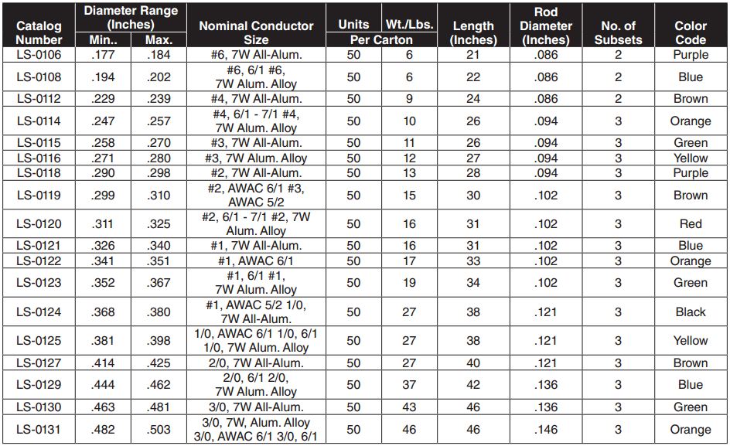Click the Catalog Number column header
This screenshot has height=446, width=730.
click(x=39, y=32)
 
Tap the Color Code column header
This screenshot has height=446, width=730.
click(x=691, y=32)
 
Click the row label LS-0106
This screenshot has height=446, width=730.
click(x=39, y=55)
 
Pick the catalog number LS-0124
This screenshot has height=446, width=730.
click(x=39, y=312)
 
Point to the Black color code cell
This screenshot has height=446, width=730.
click(x=691, y=312)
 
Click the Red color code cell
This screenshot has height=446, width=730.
click(x=691, y=224)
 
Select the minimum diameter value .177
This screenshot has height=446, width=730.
click(x=104, y=55)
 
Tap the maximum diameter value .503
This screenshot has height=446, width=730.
click(x=158, y=430)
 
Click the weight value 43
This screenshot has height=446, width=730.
click(x=410, y=407)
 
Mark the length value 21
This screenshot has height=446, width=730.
click(x=473, y=55)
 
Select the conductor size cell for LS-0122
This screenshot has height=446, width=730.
click(x=256, y=261)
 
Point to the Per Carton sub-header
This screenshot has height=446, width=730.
click(x=381, y=39)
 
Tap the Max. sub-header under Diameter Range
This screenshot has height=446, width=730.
click(x=158, y=39)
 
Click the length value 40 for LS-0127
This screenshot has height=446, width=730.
click(x=473, y=363)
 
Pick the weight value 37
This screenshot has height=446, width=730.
click(x=410, y=385)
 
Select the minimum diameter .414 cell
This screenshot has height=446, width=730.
click(x=104, y=363)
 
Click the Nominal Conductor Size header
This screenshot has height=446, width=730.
click(x=256, y=32)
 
